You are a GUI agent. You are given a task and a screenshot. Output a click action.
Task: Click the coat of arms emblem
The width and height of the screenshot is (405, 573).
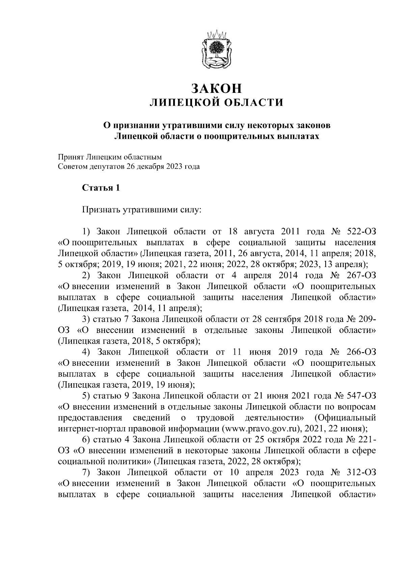[x=216, y=49]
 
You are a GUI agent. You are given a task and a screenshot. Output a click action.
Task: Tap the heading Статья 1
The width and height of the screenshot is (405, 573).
[x=101, y=188]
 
